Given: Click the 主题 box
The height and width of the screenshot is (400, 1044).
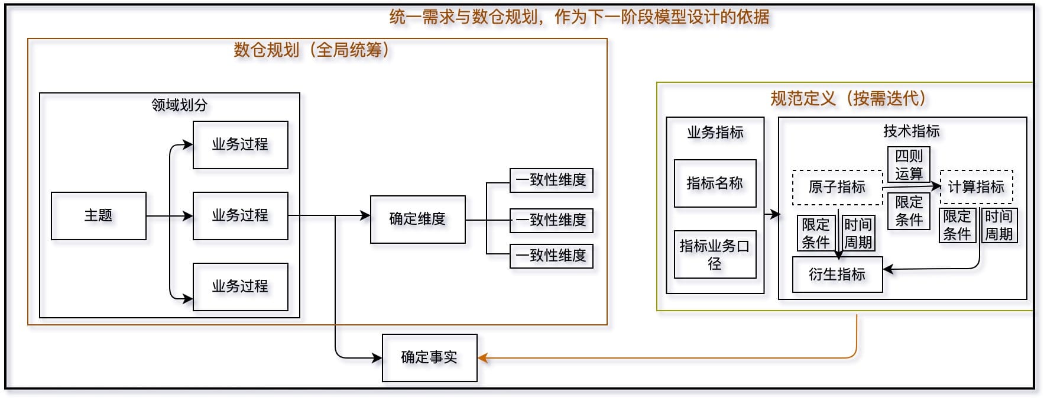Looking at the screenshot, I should click(98, 216).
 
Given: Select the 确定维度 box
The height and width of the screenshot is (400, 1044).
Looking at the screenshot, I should click(417, 220).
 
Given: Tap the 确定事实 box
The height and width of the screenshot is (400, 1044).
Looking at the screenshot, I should click(429, 358).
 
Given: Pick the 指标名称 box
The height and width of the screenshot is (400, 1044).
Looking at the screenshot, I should click(715, 183).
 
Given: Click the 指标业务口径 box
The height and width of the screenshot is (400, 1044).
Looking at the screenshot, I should click(715, 254).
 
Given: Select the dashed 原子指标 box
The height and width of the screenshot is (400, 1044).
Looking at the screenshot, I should click(837, 188).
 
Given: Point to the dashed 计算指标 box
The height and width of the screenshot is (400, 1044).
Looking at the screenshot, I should click(976, 187).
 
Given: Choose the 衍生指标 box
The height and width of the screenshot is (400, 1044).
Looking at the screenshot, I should click(837, 275).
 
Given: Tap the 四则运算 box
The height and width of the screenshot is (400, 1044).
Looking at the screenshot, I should click(909, 164).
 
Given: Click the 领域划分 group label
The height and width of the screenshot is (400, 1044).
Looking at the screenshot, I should click(180, 105).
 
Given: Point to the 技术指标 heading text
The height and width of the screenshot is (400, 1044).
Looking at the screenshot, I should click(911, 131).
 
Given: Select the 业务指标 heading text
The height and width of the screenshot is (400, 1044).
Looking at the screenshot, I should click(715, 132).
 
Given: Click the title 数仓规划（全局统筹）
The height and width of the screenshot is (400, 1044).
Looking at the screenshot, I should click(312, 50).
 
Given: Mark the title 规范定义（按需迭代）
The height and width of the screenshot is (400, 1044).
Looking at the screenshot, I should click(848, 98).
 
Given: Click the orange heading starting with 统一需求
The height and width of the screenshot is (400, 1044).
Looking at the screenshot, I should click(579, 17).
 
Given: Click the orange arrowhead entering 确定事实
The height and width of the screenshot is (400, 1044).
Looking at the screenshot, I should click(483, 358).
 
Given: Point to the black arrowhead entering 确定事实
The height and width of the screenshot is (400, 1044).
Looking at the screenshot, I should click(377, 358).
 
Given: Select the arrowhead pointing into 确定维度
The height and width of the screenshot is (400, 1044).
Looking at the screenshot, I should click(365, 216).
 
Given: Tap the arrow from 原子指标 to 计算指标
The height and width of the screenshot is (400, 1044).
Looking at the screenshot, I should click(910, 187).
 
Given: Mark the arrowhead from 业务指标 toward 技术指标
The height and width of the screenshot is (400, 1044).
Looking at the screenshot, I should click(774, 214).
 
